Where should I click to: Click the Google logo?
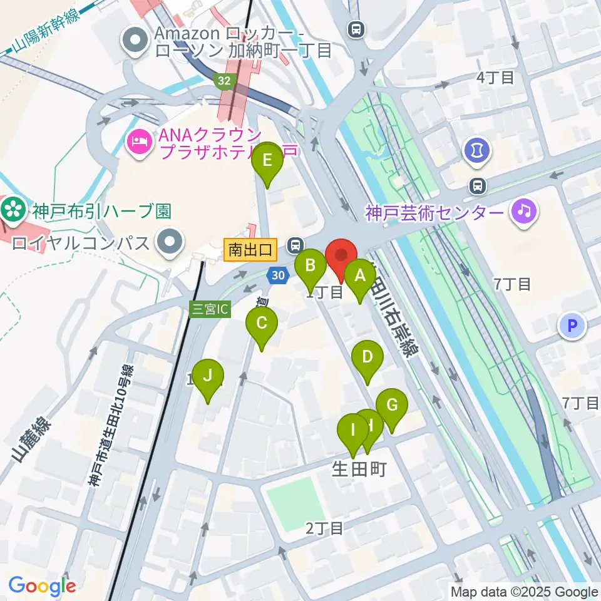click(x=42, y=586)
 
